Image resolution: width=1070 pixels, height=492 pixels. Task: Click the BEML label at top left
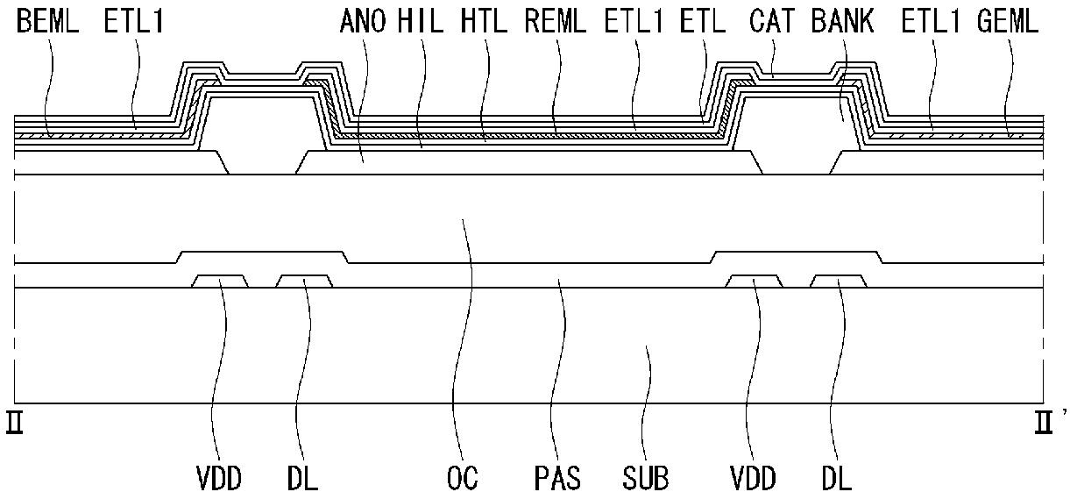point(47,22)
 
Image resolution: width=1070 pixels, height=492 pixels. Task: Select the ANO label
point(363,22)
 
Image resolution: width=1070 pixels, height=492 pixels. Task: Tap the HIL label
point(421,22)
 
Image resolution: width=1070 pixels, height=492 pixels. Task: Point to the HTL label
point(484,22)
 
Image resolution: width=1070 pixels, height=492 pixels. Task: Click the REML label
point(555,22)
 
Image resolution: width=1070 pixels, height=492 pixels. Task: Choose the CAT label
point(772,22)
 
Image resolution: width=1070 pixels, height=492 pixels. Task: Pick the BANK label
point(843,22)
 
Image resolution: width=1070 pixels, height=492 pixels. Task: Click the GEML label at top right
point(1008,22)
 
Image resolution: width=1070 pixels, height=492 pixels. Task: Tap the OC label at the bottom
point(462,478)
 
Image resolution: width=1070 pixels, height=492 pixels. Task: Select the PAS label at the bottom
point(557,478)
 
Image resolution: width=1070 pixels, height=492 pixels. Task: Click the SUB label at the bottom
point(646,478)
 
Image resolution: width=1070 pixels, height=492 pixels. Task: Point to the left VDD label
point(219,478)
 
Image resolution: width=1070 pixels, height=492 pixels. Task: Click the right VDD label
point(754,478)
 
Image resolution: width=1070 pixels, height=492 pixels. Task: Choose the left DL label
point(303,478)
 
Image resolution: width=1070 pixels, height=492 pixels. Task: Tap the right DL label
point(837,478)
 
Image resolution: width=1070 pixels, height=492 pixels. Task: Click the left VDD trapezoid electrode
point(220,282)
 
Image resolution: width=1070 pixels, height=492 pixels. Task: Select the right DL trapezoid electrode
point(839,282)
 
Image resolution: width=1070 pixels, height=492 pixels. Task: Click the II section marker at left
point(14,422)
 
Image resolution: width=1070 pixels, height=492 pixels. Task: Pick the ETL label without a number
point(703,22)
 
